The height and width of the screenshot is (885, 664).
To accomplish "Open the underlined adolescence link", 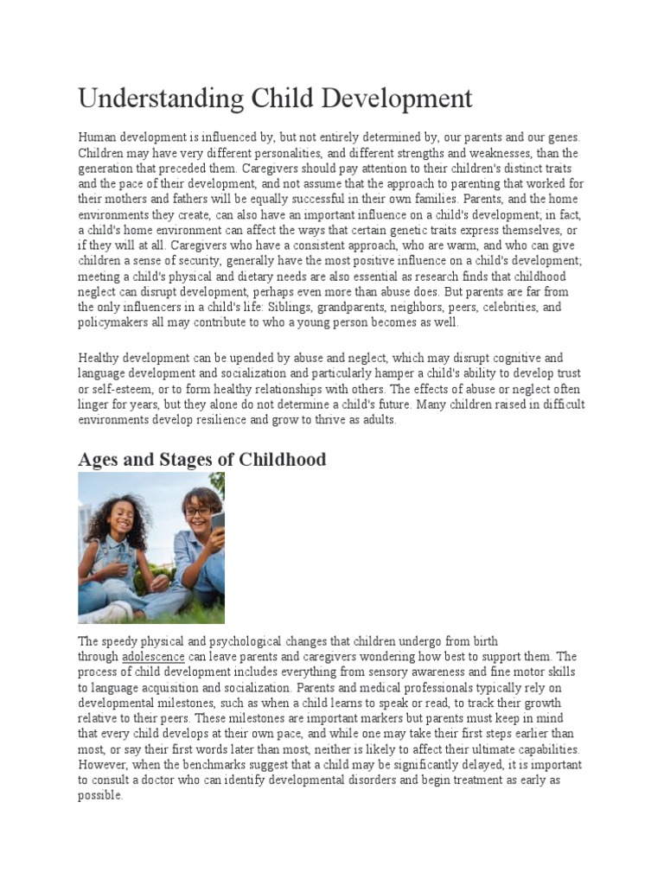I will tap(153, 657).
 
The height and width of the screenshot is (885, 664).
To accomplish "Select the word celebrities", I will tap(509, 307).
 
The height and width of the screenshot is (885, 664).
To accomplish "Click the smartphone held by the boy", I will tap(217, 520).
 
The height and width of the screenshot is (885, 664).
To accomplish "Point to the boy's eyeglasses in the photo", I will tap(196, 511).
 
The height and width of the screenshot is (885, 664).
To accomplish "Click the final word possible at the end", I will tap(99, 796).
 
